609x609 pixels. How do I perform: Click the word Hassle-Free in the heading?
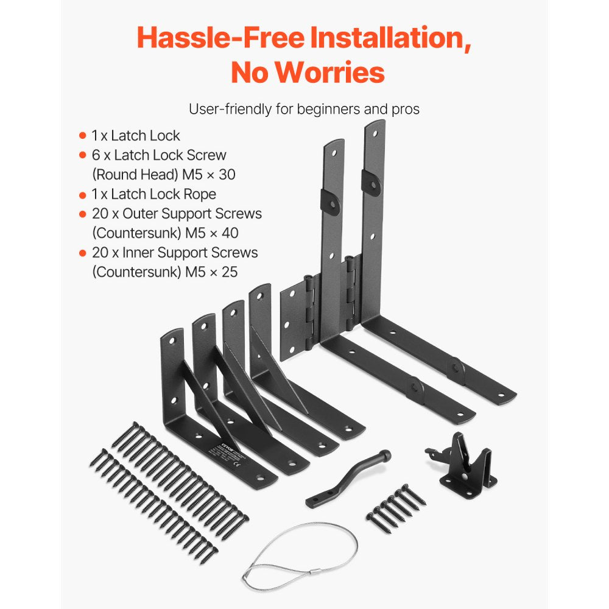[220, 38]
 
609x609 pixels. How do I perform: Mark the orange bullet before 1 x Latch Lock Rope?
[83, 195]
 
